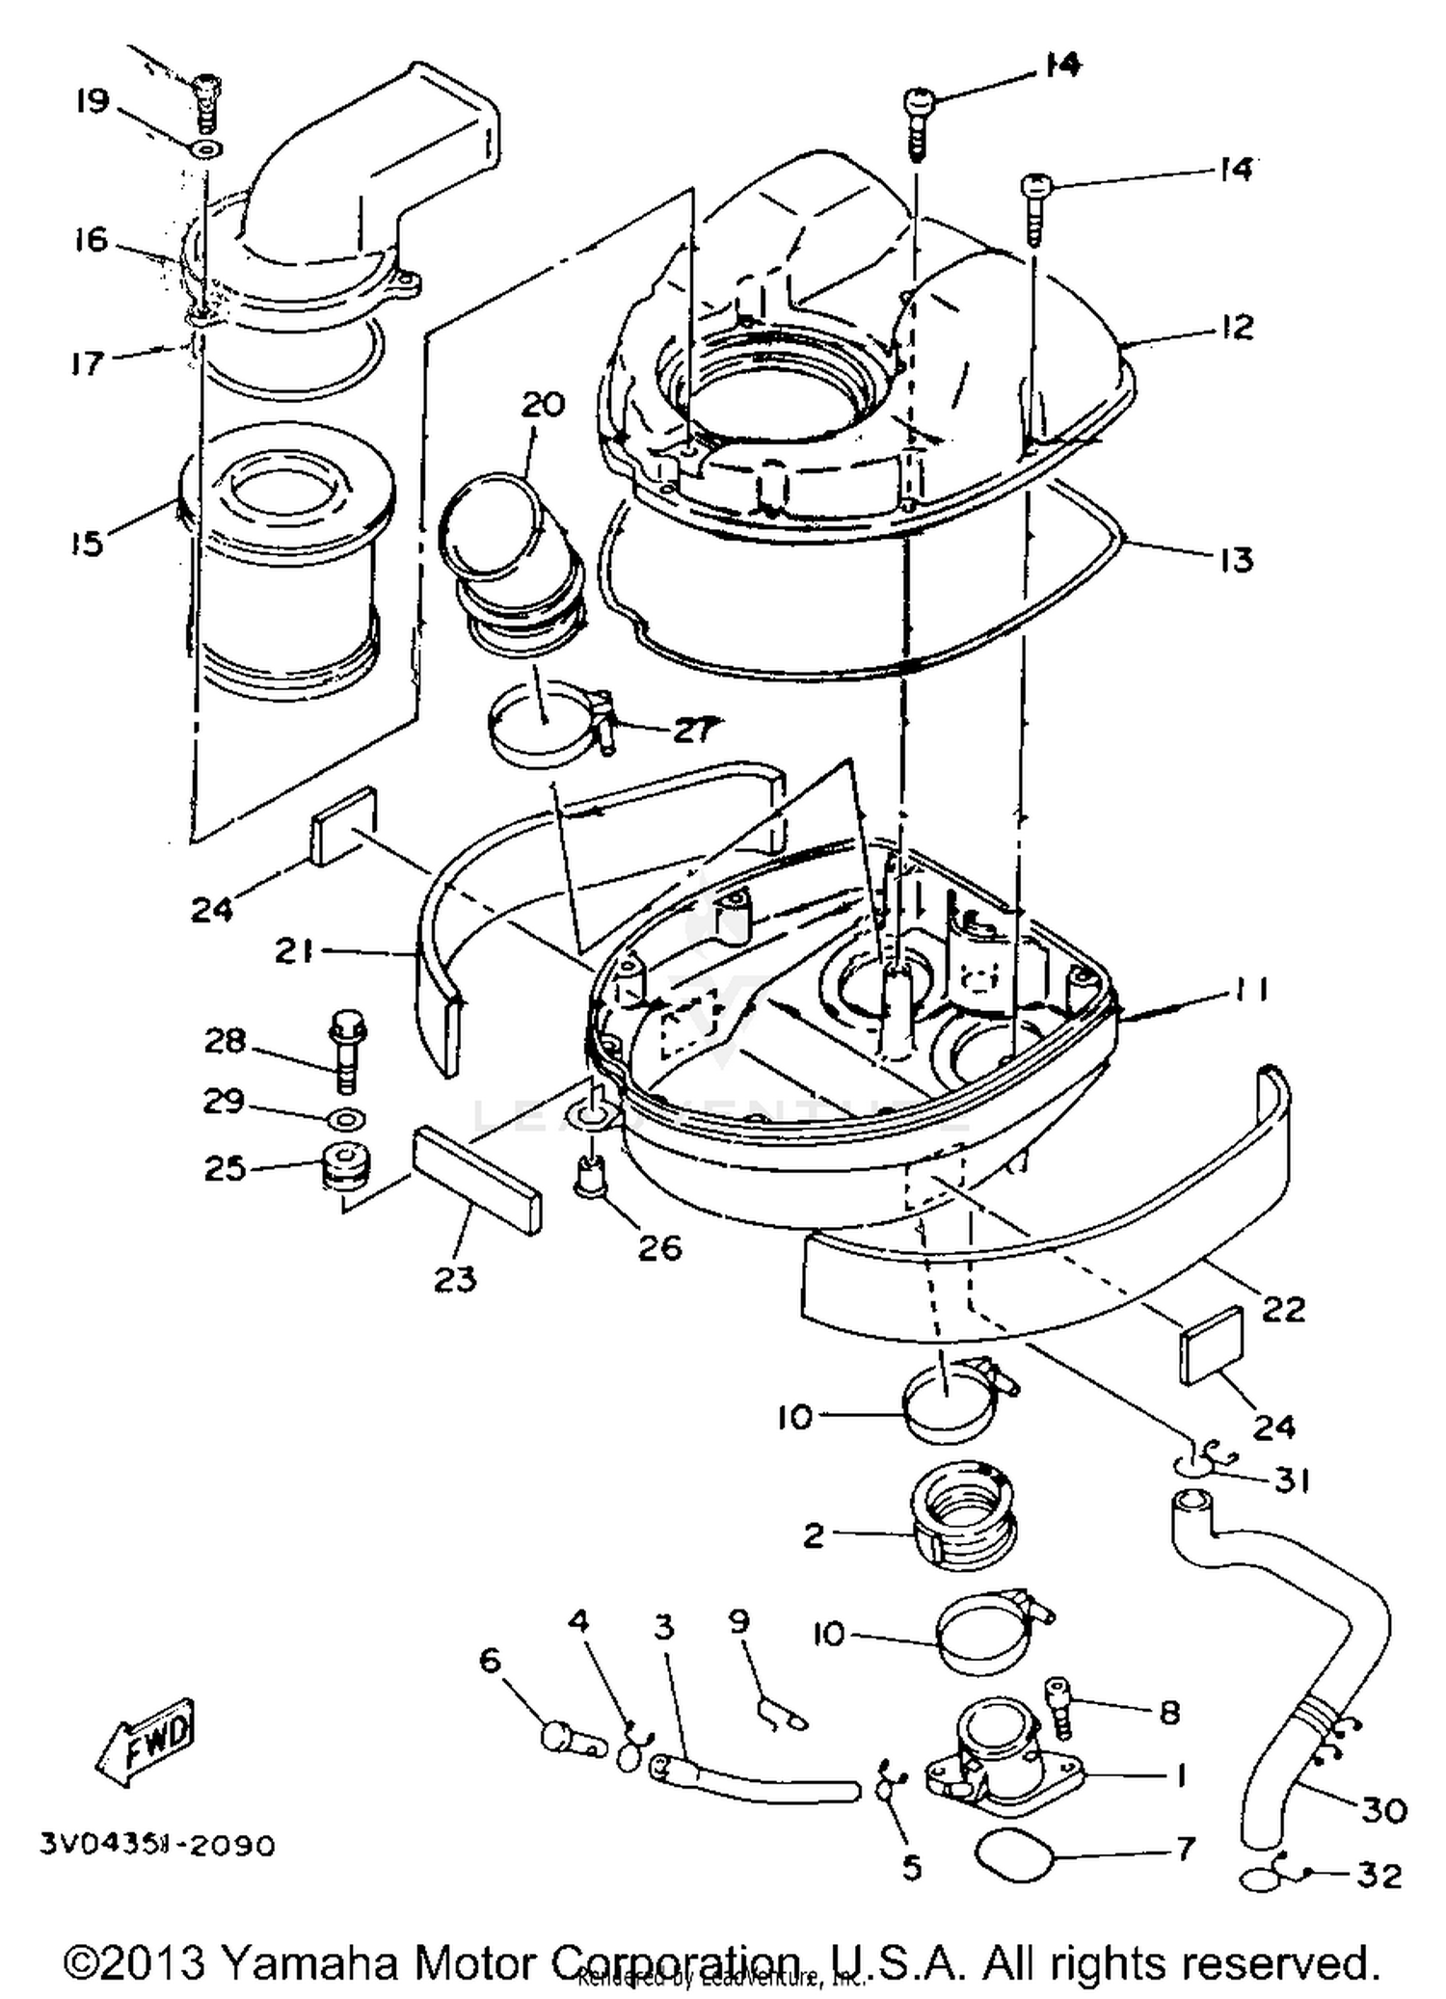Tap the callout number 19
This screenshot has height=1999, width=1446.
[94, 101]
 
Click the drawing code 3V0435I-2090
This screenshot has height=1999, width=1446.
[157, 1845]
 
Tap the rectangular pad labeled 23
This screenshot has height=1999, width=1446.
[476, 1181]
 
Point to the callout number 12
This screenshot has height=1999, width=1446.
[1235, 326]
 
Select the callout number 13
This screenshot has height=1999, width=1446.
[1236, 559]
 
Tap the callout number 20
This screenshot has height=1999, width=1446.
[543, 404]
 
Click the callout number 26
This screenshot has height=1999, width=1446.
[660, 1248]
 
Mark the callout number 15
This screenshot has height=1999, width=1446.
[87, 543]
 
